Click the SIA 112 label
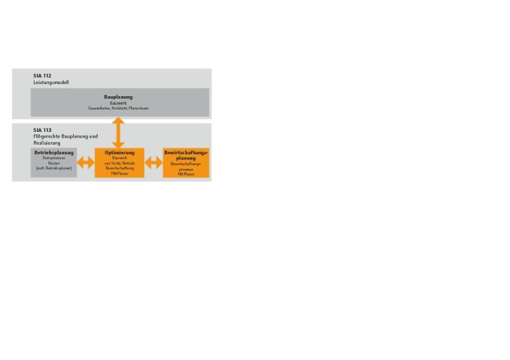tap(42, 75)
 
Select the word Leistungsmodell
tap(51, 82)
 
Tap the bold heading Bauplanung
tap(119, 97)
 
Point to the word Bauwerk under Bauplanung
tap(119, 103)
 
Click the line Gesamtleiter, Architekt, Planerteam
tap(119, 108)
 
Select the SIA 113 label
tap(43, 130)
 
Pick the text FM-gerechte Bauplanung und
tap(66, 136)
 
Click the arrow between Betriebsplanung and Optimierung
tap(85, 163)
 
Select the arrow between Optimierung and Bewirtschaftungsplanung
tap(154, 163)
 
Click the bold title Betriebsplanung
tap(54, 153)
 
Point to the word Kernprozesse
tap(54, 159)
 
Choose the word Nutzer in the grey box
tap(54, 164)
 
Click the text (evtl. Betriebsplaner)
tap(54, 169)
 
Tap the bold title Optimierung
tap(120, 153)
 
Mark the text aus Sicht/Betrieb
tap(120, 164)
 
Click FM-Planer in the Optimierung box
tap(120, 173)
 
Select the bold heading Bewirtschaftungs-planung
tap(186, 155)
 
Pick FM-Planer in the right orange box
tap(186, 173)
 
